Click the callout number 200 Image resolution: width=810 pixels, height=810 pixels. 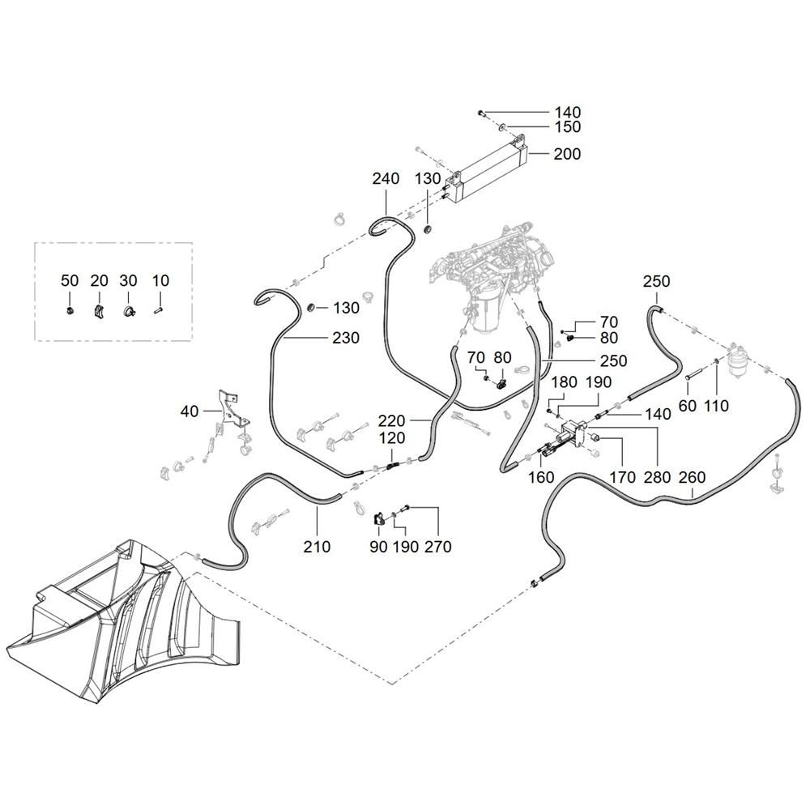click(x=567, y=154)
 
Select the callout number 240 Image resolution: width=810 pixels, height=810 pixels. click(x=386, y=179)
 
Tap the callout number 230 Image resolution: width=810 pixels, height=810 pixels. click(x=346, y=338)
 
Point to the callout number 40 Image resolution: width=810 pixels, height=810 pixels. click(x=189, y=411)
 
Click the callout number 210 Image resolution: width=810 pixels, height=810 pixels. click(x=317, y=547)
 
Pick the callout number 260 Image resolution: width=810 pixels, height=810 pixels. click(x=692, y=477)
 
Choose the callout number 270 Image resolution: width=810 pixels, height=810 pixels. click(x=438, y=547)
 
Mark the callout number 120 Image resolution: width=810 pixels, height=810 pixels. click(x=392, y=438)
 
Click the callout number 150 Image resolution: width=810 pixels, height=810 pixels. click(x=568, y=126)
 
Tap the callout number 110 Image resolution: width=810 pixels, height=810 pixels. click(x=716, y=406)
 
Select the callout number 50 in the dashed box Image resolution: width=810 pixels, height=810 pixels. click(x=70, y=280)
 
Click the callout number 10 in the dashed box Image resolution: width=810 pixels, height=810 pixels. click(x=160, y=280)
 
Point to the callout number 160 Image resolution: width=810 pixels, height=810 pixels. click(x=541, y=477)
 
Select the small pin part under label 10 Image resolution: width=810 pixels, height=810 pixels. click(x=158, y=310)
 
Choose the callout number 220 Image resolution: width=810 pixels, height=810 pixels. click(x=391, y=420)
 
